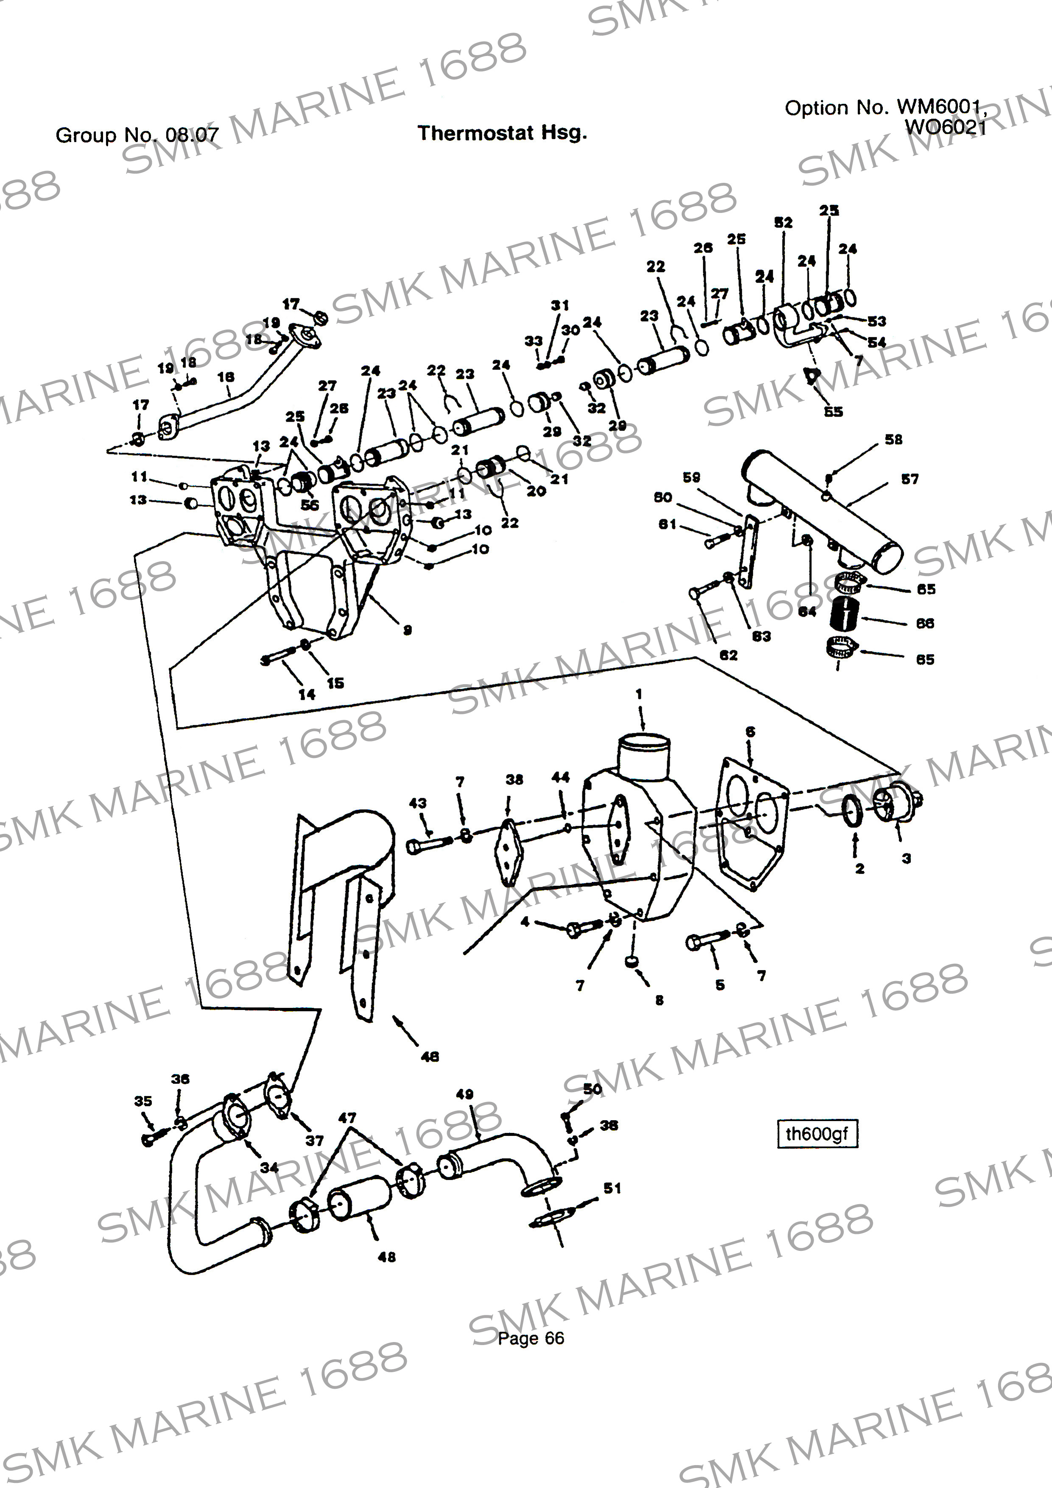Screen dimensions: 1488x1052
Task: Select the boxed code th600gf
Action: (816, 1133)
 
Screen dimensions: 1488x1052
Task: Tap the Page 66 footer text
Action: (530, 1338)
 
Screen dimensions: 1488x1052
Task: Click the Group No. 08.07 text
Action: (137, 135)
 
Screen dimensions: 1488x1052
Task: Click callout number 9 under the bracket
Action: (407, 629)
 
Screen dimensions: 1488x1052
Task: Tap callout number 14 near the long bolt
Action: (307, 694)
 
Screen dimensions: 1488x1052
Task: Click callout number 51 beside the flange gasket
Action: (612, 1188)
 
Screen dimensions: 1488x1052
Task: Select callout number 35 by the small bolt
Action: (143, 1101)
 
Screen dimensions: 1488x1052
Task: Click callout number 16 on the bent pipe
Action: (226, 377)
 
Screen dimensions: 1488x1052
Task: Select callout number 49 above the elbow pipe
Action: (465, 1094)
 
